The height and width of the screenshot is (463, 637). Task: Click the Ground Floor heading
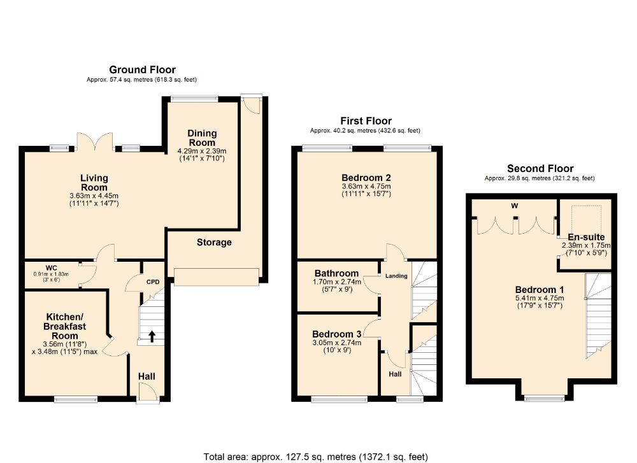pos(142,70)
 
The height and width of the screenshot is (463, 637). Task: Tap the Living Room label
pos(94,183)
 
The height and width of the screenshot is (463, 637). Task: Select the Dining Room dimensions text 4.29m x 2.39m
pos(202,151)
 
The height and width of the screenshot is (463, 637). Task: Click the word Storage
pos(214,243)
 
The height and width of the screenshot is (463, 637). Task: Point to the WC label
pos(51,268)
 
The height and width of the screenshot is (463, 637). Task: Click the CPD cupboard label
pos(153,282)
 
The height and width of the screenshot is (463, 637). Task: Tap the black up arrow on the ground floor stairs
pos(152,336)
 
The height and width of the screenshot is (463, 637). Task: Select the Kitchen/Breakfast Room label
pos(65,327)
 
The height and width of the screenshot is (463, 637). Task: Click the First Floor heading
pos(366,121)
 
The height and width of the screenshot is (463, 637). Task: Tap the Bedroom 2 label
pos(366,178)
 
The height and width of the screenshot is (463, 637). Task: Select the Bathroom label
pos(337,273)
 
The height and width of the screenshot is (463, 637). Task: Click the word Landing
pos(396,276)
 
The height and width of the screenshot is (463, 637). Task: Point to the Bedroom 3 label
pos(337,334)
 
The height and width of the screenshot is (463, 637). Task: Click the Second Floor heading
pos(540,169)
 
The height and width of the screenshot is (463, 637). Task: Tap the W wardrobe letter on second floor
pos(515,206)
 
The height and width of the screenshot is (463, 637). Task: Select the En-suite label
pos(586,237)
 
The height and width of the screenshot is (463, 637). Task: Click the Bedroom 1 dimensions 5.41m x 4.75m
pos(540,298)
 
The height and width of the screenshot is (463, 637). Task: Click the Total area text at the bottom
pos(316,457)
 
